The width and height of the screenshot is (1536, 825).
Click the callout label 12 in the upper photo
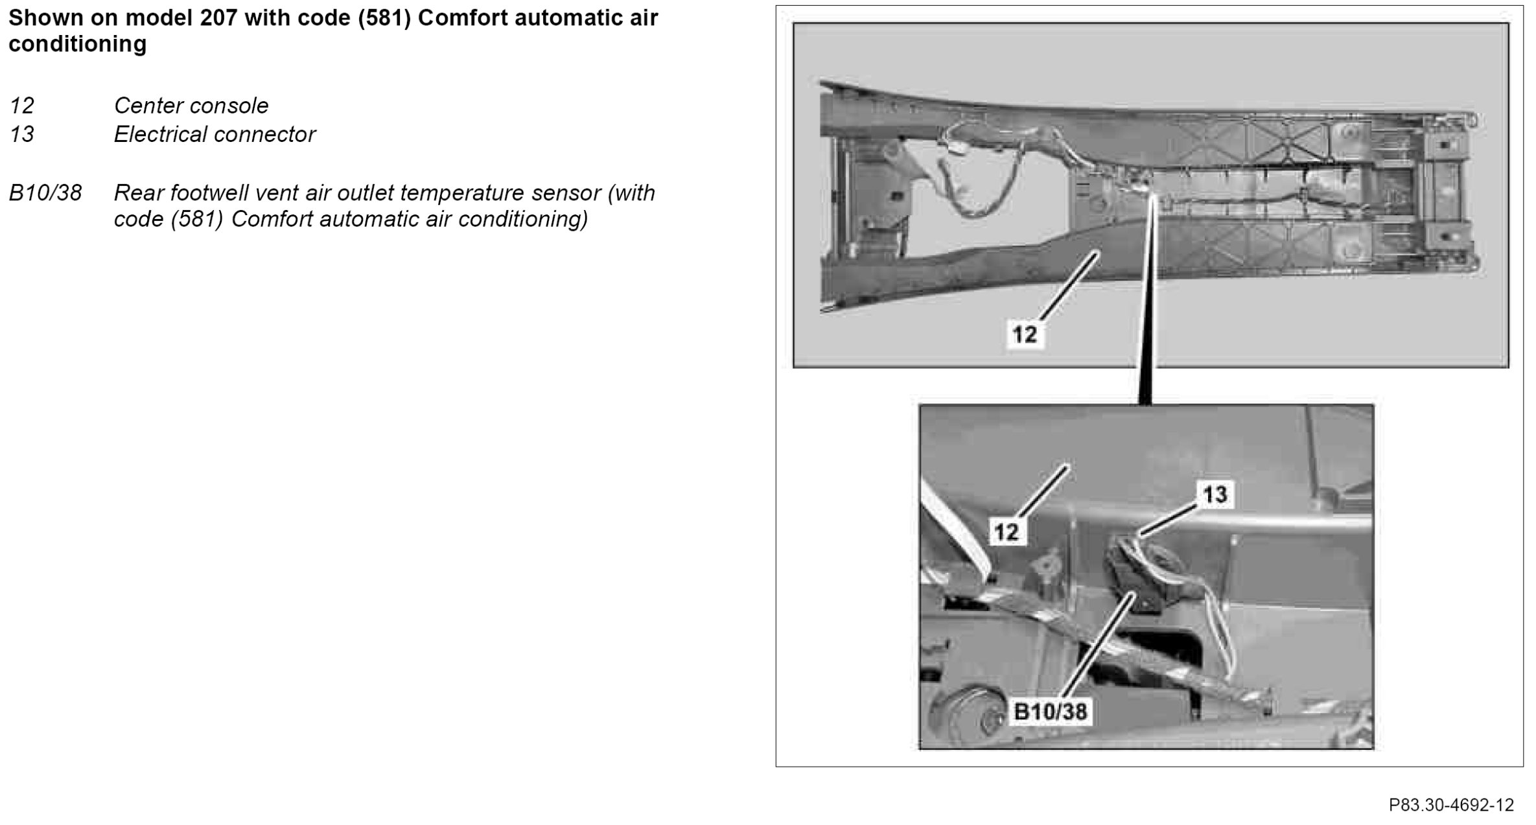pyautogui.click(x=1025, y=334)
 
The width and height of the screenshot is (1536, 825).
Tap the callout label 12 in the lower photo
pyautogui.click(x=1006, y=532)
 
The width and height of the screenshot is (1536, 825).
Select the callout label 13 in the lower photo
pyautogui.click(x=1215, y=494)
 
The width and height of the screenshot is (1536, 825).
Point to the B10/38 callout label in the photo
pyautogui.click(x=1050, y=712)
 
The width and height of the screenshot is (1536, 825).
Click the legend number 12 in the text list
pyautogui.click(x=22, y=106)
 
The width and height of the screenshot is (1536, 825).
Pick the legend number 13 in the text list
pyautogui.click(x=22, y=134)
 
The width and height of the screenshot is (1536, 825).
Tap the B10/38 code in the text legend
pyautogui.click(x=45, y=192)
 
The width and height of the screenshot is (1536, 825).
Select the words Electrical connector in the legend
pyautogui.click(x=215, y=134)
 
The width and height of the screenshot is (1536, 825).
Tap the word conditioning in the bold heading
pyautogui.click(x=78, y=44)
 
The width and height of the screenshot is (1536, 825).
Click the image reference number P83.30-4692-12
pyautogui.click(x=1451, y=805)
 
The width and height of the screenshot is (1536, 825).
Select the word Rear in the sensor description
pyautogui.click(x=137, y=192)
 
